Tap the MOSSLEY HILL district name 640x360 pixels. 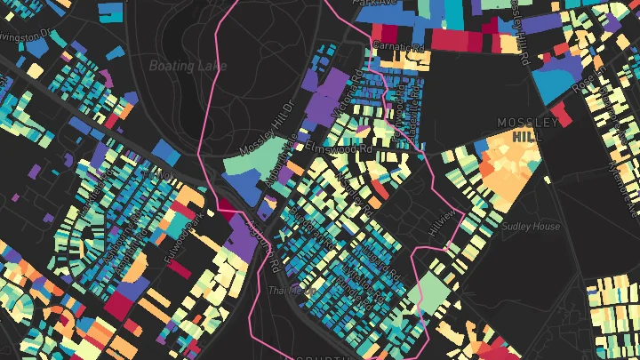point(528,130)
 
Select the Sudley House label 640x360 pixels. point(531,227)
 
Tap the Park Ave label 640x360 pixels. point(372,4)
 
